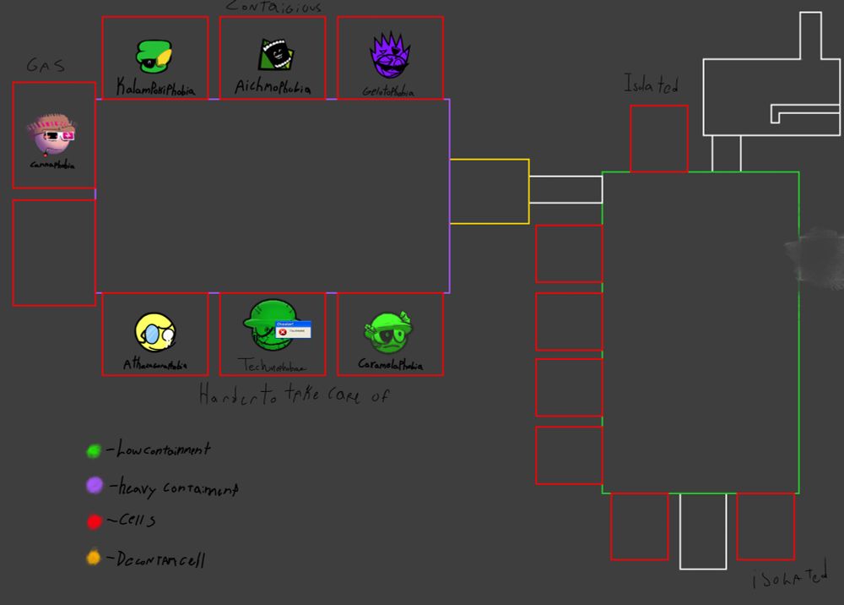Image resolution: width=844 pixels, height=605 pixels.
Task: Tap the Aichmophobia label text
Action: pos(273,88)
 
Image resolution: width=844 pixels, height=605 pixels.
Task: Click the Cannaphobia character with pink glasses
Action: pos(51,134)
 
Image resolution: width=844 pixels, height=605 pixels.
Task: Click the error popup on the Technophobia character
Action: pos(293,329)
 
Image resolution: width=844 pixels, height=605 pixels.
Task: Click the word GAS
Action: pos(46,66)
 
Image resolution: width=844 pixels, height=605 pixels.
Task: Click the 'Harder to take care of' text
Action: pos(294,395)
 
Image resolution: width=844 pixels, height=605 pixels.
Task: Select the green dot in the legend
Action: pos(94,451)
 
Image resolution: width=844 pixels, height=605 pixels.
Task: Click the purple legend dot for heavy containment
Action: pos(95,485)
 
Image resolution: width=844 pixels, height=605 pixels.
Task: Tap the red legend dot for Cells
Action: pos(94,521)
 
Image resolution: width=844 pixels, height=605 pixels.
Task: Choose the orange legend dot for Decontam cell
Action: pos(94,558)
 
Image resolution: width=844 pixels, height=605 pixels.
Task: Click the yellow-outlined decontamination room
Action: pos(489,192)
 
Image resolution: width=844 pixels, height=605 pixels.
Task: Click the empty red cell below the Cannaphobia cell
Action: pos(54,252)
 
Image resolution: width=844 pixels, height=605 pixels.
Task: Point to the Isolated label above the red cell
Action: pos(651,84)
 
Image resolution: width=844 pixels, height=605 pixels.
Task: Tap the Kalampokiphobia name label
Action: pos(154,87)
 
